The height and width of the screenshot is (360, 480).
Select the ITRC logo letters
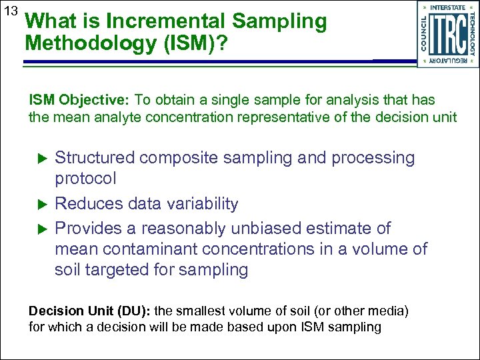448,33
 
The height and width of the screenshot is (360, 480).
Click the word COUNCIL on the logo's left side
424,34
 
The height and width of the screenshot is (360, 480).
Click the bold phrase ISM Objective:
79,100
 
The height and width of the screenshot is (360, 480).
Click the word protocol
85,179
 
